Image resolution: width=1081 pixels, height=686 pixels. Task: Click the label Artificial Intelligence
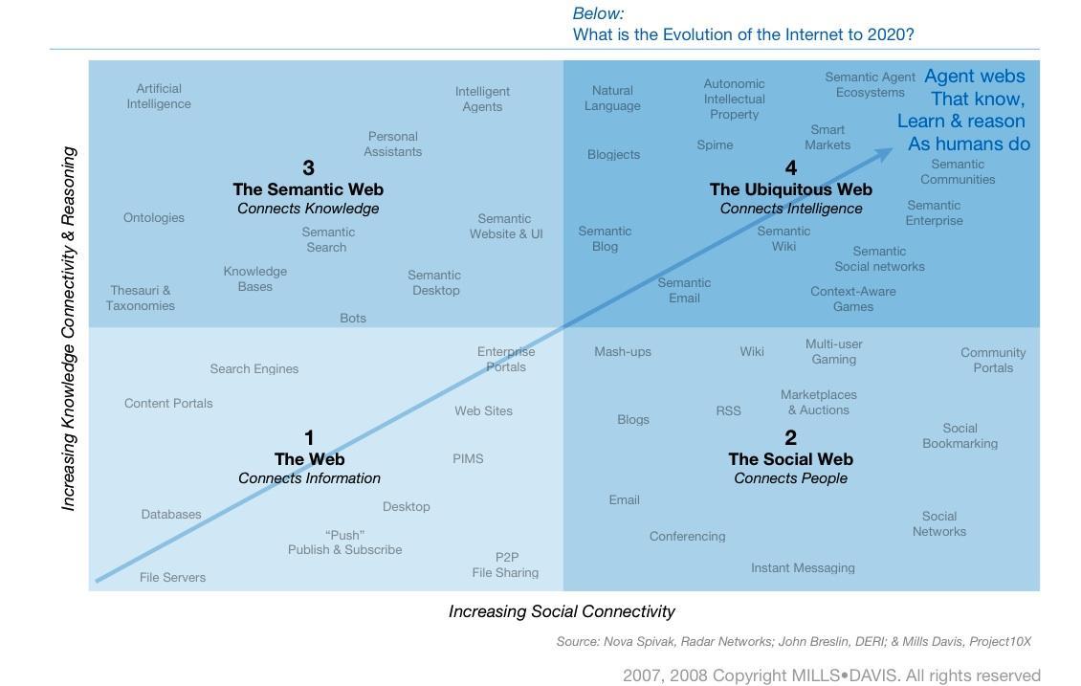point(159,96)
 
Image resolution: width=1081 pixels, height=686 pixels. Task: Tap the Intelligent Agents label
point(482,99)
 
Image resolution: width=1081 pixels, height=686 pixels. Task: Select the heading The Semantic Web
point(308,189)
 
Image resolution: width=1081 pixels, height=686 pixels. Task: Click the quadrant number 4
point(790,168)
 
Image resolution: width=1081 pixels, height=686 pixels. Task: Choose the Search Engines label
point(254,368)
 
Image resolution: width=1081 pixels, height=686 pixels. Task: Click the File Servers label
point(172,577)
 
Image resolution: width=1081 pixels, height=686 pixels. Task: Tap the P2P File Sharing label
point(505,564)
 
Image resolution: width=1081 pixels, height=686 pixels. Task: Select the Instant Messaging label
point(803,567)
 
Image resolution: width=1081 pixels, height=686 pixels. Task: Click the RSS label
point(728,410)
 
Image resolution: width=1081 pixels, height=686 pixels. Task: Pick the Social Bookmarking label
point(960,435)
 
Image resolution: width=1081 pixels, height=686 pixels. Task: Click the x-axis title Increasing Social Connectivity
point(562,611)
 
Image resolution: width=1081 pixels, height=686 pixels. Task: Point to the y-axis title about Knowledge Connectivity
point(69,328)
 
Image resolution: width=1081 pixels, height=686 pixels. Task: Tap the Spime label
point(715,144)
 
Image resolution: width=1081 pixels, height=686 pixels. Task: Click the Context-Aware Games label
point(852,299)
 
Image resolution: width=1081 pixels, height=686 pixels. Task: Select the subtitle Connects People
point(790,478)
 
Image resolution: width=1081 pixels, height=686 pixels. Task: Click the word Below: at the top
point(598,13)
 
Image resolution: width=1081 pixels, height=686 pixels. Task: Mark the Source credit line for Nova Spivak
point(793,641)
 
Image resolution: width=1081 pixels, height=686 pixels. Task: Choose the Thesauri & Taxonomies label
point(141,298)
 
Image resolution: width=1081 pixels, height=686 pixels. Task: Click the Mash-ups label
point(622,351)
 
